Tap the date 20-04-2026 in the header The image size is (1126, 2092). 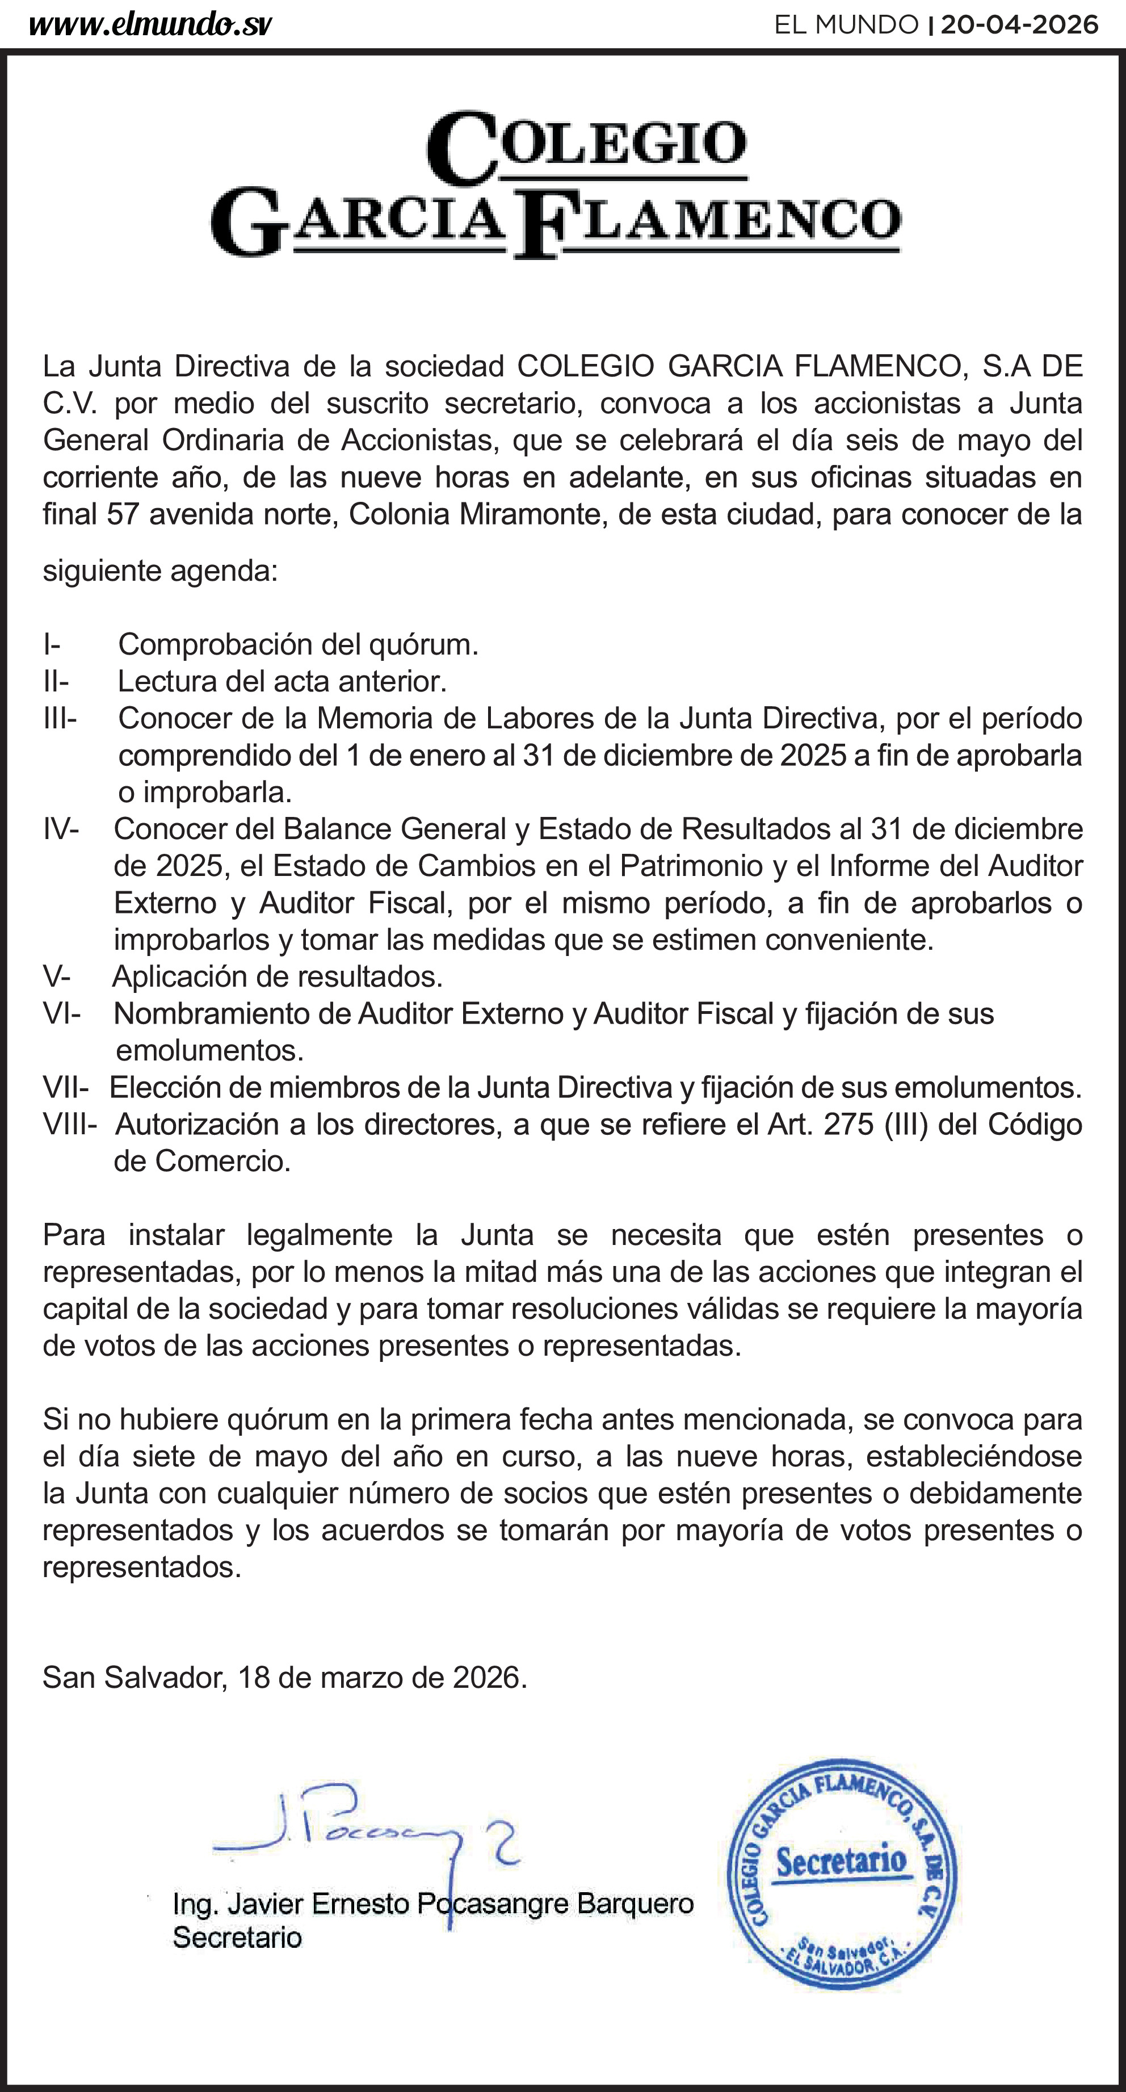pyautogui.click(x=1019, y=25)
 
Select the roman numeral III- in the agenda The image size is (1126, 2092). pyautogui.click(x=60, y=719)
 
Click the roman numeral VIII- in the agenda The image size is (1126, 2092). pyautogui.click(x=70, y=1125)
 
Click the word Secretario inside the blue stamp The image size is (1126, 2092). pyautogui.click(x=842, y=1860)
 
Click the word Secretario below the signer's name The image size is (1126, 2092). pyautogui.click(x=237, y=1938)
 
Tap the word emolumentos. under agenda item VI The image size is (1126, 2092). pyautogui.click(x=209, y=1051)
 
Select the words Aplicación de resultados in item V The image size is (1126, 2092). pyautogui.click(x=277, y=976)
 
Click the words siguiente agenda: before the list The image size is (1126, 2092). pyautogui.click(x=160, y=571)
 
